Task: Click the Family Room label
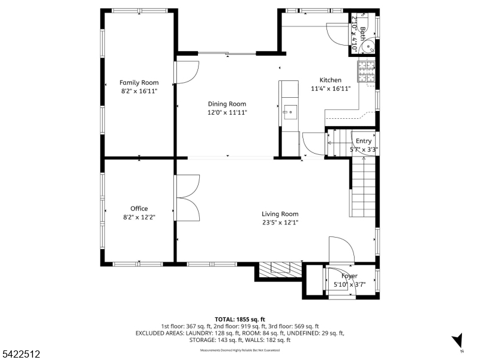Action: coord(139,83)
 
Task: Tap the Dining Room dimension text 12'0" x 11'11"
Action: coord(227,112)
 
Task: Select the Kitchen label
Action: coord(330,80)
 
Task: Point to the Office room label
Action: coord(139,209)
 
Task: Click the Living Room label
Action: coord(280,214)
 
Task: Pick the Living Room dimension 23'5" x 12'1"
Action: coord(280,223)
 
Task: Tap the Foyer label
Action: coord(349,276)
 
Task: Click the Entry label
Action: coord(364,141)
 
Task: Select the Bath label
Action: coord(362,27)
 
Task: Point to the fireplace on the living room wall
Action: coord(280,271)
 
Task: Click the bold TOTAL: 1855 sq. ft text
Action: coord(239,319)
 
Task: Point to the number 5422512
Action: coord(22,355)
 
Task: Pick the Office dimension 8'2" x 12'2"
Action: coord(139,217)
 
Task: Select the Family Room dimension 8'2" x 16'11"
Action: coord(139,91)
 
